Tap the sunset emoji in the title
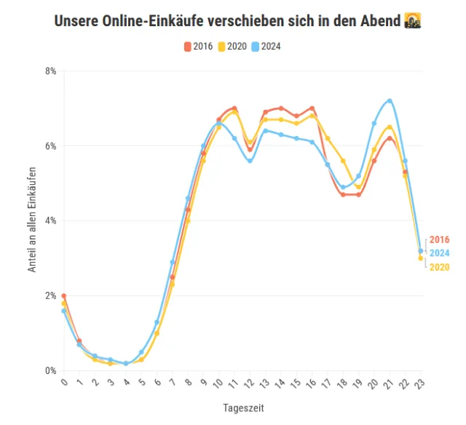pyautogui.click(x=413, y=20)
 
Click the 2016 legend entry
pyautogui.click(x=198, y=47)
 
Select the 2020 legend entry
pyautogui.click(x=232, y=47)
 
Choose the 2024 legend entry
pyautogui.click(x=266, y=47)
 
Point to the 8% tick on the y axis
pyautogui.click(x=51, y=71)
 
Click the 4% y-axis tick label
pyautogui.click(x=51, y=221)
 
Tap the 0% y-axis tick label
pyautogui.click(x=51, y=371)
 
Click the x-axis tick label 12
pyautogui.click(x=249, y=384)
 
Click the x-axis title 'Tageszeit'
pyautogui.click(x=244, y=408)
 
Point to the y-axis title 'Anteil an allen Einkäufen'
pyautogui.click(x=32, y=221)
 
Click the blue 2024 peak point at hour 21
pyautogui.click(x=390, y=100)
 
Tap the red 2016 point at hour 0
pyautogui.click(x=64, y=296)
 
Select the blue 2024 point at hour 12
pyautogui.click(x=250, y=161)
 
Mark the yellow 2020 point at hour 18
pyautogui.click(x=343, y=161)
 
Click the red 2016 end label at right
pyautogui.click(x=439, y=239)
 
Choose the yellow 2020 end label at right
pyautogui.click(x=439, y=267)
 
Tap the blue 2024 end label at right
pyautogui.click(x=439, y=253)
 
